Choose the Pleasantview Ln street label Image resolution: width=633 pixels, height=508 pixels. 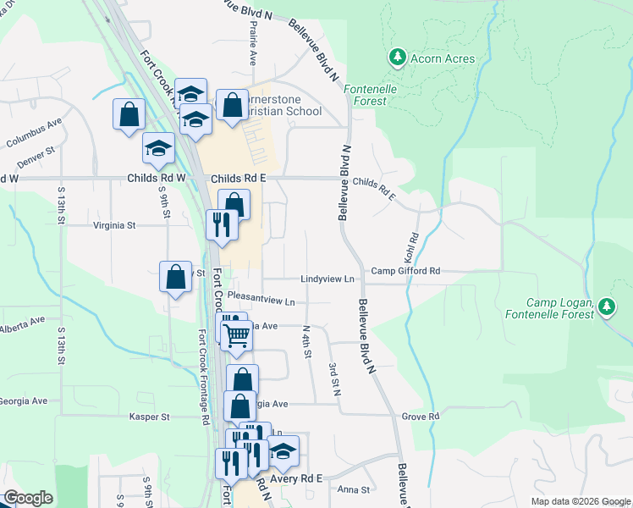(261, 301)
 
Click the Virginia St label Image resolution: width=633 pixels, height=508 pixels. (113, 225)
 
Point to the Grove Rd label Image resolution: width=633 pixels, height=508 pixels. (421, 417)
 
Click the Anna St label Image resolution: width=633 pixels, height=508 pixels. (354, 489)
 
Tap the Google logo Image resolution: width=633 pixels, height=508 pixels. (28, 498)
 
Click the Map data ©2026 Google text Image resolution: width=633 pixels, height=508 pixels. (581, 501)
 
